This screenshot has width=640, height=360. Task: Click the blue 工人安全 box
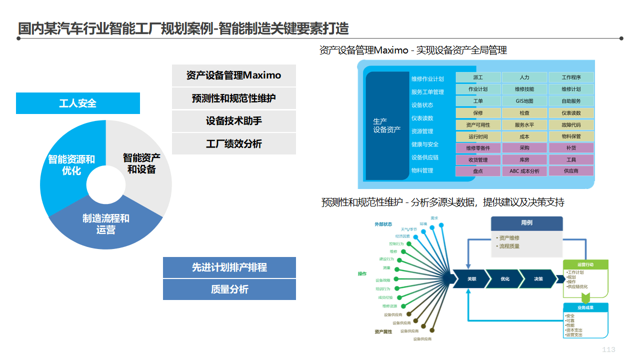[77, 103]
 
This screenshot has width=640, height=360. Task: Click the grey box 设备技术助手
[233, 121]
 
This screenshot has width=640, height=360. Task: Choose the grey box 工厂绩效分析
[233, 144]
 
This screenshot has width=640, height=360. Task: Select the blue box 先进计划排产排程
[229, 267]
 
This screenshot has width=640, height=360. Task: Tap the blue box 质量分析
[229, 289]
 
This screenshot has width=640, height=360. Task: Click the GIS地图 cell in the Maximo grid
[524, 101]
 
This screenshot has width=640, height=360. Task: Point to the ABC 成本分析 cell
[524, 171]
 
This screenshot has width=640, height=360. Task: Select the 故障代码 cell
[571, 125]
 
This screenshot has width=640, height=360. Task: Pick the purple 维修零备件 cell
[477, 148]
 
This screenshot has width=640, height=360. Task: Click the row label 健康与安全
[425, 144]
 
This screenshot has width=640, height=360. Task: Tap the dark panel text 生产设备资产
[387, 125]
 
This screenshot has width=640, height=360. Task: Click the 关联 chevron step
[471, 279]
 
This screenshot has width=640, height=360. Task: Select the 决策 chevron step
[538, 279]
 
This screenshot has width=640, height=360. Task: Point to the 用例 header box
[526, 223]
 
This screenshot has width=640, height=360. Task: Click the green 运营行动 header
[585, 264]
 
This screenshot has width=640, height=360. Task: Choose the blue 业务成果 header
[585, 307]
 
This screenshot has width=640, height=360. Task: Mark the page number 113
[608, 349]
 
